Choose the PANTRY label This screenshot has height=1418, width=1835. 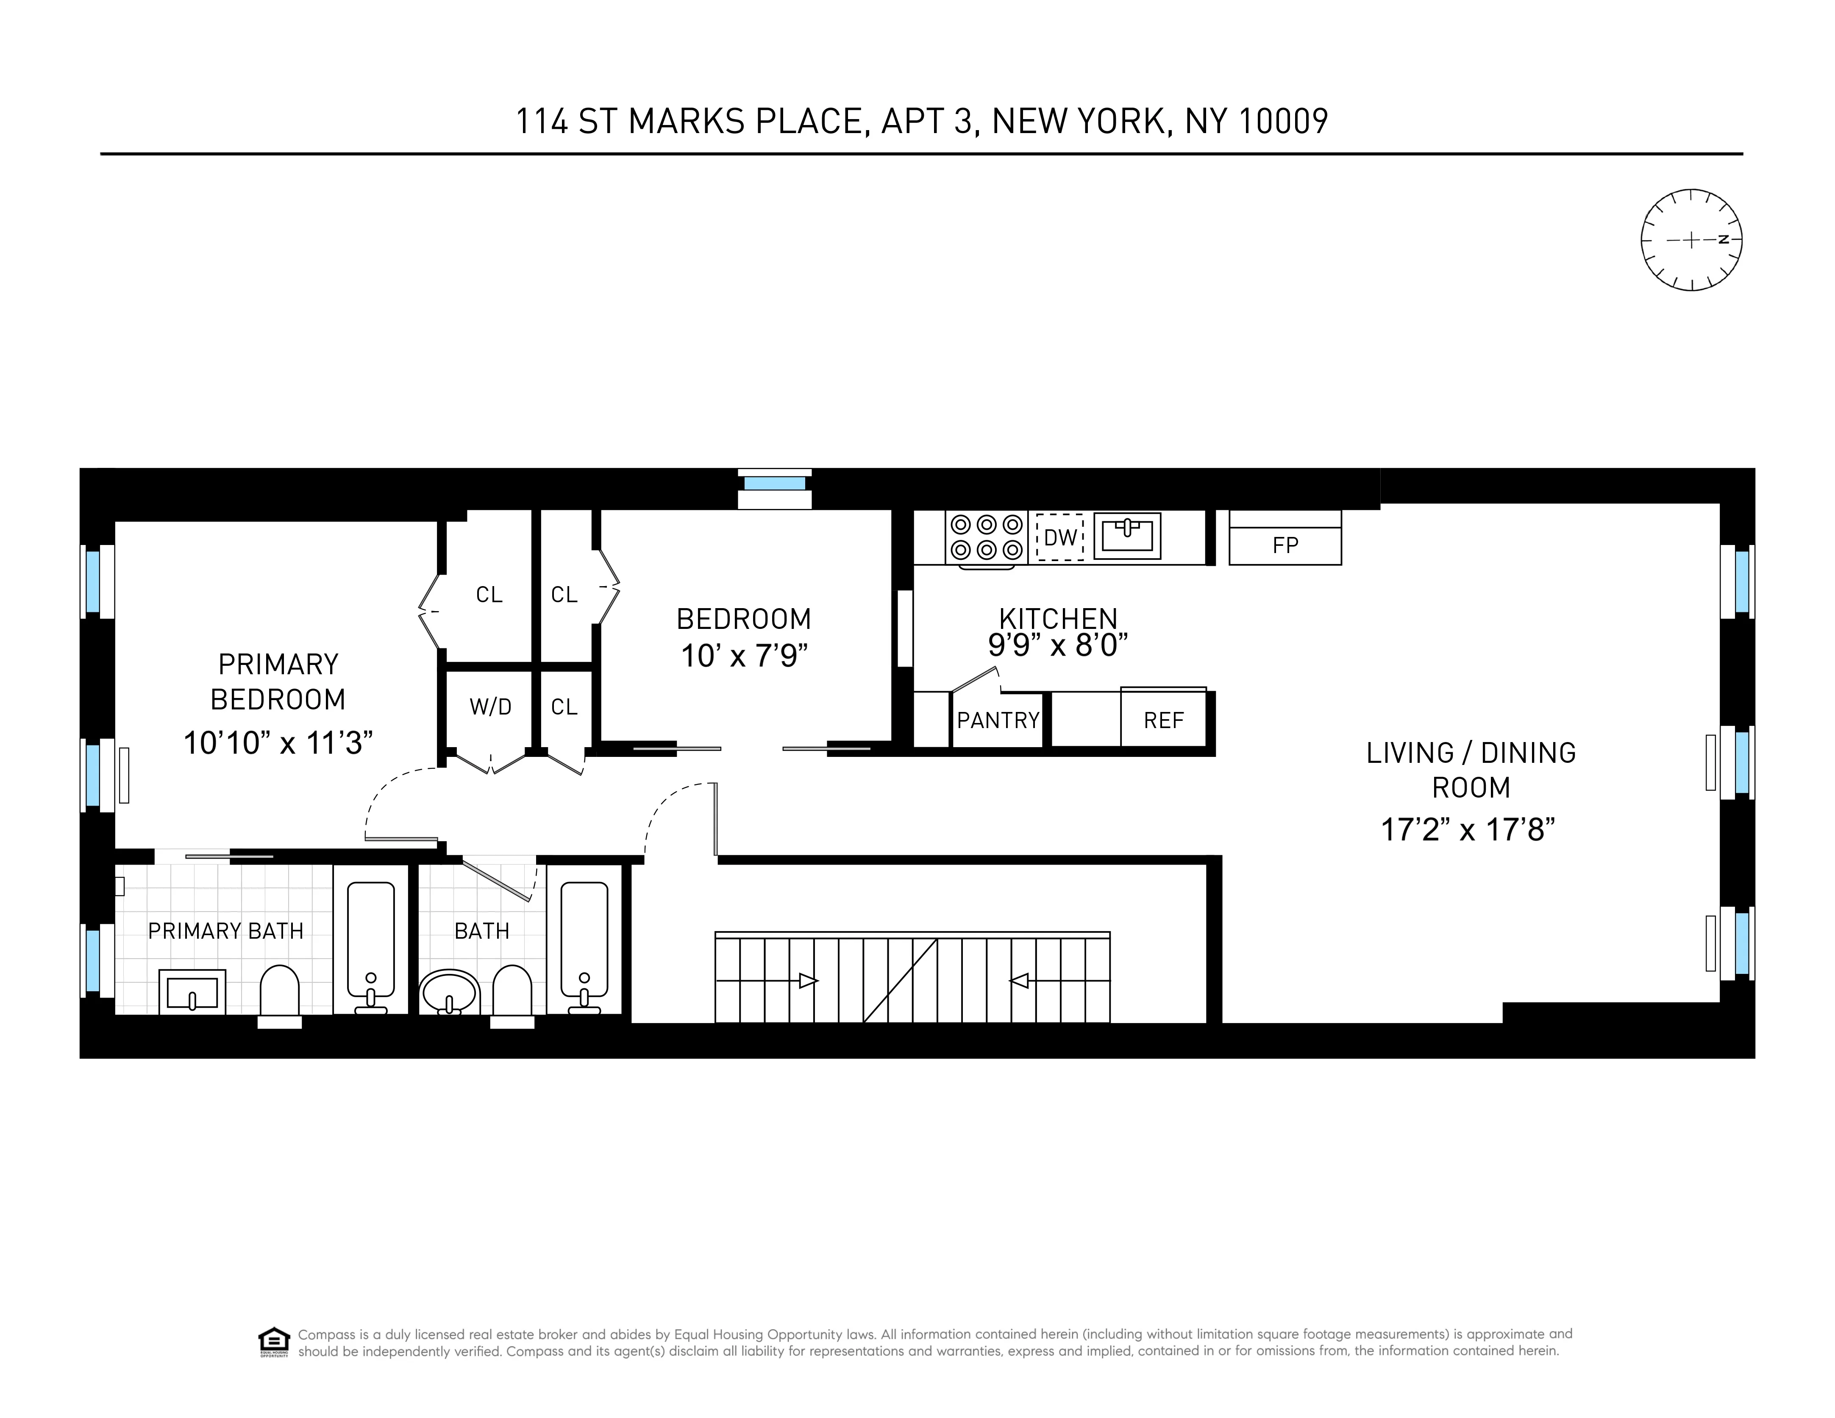[997, 720]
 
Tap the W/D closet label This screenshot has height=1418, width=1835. [490, 706]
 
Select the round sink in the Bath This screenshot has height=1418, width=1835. [450, 993]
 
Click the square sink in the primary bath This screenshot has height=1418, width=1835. [192, 992]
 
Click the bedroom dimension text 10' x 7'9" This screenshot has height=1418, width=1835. [744, 655]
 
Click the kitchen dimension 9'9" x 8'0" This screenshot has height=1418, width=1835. [1057, 645]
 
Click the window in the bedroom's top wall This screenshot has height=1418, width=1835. [774, 484]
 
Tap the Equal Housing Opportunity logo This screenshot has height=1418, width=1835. [274, 1342]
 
